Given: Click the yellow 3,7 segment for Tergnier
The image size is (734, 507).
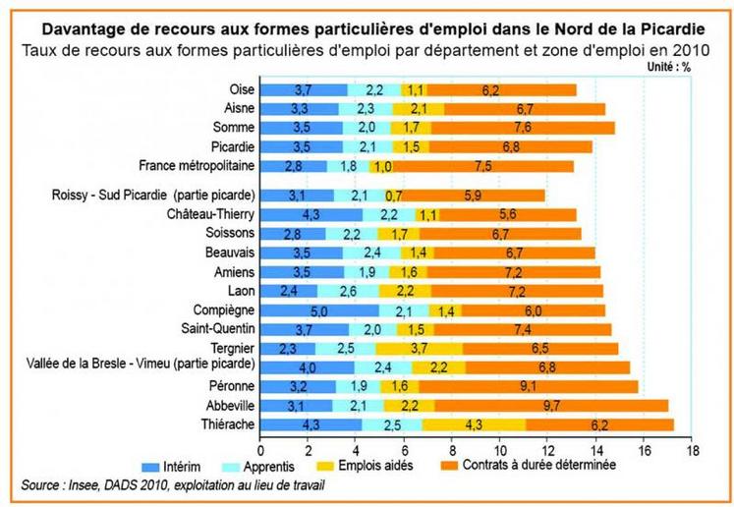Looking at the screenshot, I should point(419,348).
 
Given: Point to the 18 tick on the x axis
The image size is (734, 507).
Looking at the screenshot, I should point(693,451).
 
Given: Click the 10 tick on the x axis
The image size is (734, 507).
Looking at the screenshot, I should point(500,451).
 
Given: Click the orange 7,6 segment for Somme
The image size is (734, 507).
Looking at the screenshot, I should point(523,128).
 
